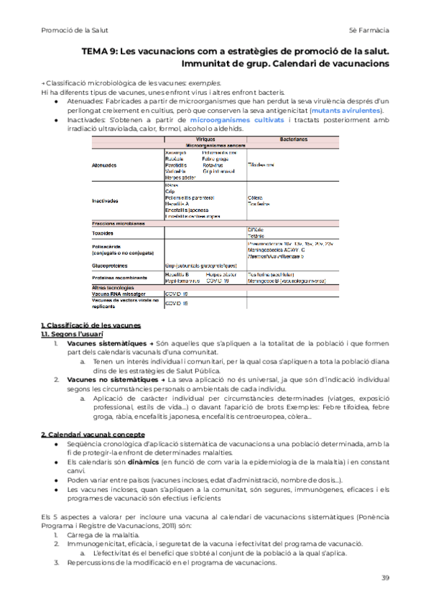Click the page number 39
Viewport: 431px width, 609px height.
coord(385,578)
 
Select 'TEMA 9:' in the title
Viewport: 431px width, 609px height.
coord(99,51)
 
